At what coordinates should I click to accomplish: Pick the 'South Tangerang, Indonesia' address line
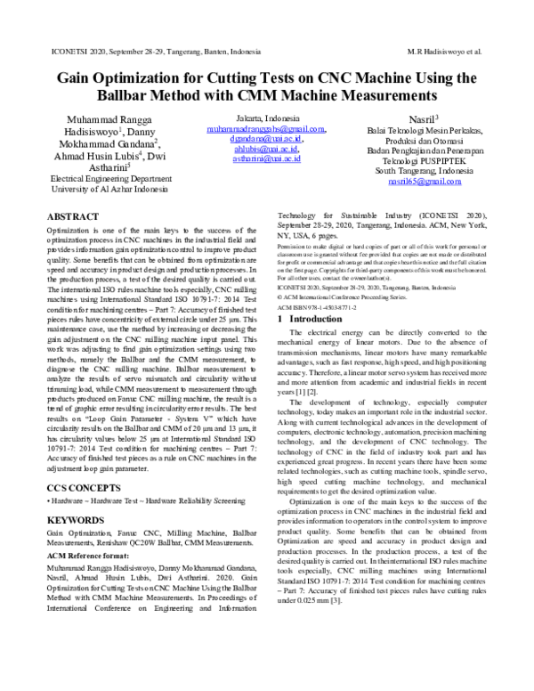[x=411, y=170]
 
